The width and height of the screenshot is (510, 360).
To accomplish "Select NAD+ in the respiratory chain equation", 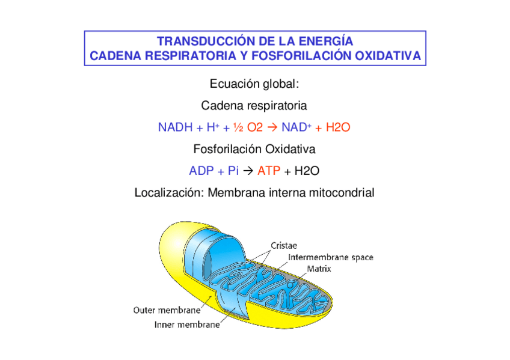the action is [296, 127].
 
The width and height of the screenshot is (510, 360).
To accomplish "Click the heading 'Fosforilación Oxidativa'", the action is [254, 149].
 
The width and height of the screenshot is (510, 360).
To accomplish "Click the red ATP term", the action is [269, 171].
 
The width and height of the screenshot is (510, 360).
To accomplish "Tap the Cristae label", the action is [283, 246].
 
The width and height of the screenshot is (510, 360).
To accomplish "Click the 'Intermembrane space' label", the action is [331, 257].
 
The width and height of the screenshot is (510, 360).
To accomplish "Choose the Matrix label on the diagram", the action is [319, 269].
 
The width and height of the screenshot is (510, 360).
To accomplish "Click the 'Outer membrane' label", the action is [167, 311].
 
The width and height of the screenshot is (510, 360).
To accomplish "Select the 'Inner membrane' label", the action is [187, 326].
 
